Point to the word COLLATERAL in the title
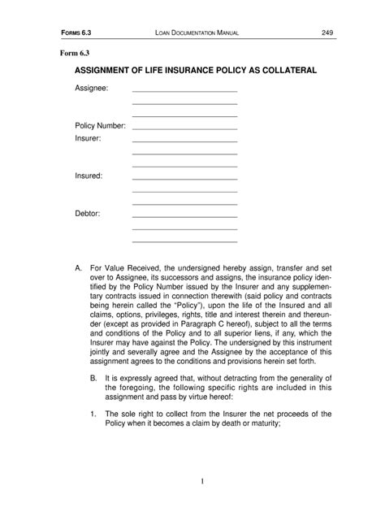tap(283, 72)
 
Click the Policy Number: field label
tap(100, 126)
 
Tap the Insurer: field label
tap(88, 139)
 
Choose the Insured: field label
tap(89, 176)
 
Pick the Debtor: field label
tap(87, 213)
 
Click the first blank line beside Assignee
tap(184, 91)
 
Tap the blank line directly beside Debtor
tap(184, 216)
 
